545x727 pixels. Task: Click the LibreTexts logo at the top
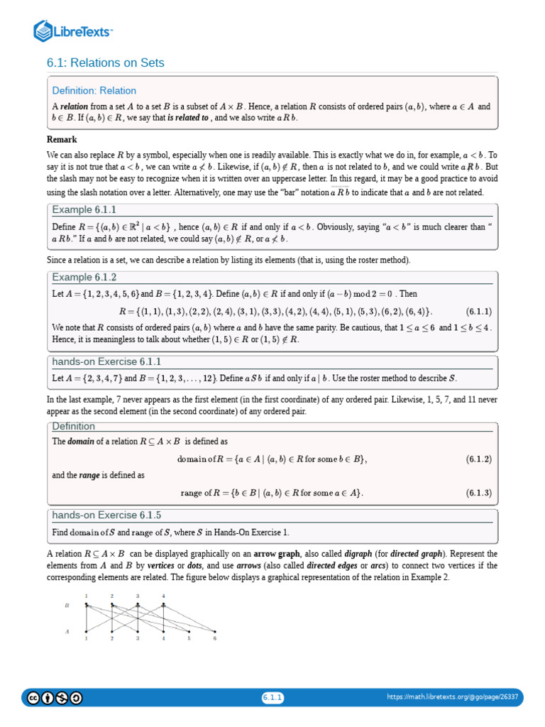coord(74,31)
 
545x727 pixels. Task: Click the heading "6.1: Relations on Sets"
coord(106,62)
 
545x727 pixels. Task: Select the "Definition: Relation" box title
coord(94,91)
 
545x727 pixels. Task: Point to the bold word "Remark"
coord(62,139)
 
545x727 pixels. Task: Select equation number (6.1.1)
coord(479,312)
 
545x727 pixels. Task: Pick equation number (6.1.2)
coord(479,459)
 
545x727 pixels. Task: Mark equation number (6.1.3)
coord(479,493)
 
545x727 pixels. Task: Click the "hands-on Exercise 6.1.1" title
coord(107,361)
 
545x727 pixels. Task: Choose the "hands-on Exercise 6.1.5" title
coord(107,515)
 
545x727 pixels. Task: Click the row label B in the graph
coord(67,606)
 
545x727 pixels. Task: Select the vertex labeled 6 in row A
coord(215,631)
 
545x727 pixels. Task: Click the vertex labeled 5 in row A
coord(189,631)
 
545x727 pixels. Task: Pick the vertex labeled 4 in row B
coord(163,605)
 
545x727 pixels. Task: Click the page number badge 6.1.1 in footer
coord(272,697)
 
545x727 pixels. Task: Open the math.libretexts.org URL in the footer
coord(453,697)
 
